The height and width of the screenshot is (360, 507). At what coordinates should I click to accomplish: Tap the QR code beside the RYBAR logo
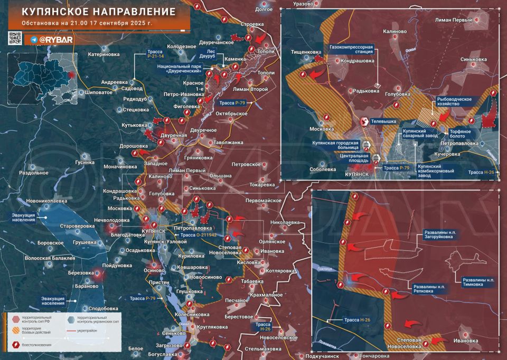(15, 39)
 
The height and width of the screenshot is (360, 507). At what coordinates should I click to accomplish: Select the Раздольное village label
(34, 173)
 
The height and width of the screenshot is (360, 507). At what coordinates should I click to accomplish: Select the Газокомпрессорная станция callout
(351, 50)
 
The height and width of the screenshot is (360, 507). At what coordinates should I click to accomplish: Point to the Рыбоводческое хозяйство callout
(457, 101)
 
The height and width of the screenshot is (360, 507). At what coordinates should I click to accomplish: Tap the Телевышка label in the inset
(385, 121)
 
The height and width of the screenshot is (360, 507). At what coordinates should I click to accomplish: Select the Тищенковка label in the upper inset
(306, 52)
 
